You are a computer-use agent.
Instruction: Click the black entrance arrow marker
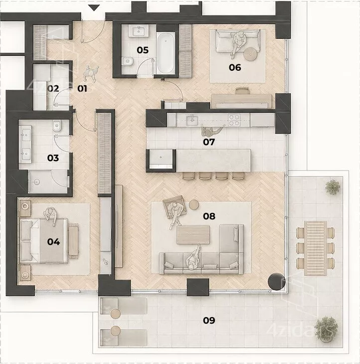click(94, 8)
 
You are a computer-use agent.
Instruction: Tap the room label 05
click(143, 50)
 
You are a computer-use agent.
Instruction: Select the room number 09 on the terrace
click(209, 320)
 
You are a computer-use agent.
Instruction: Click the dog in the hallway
click(91, 73)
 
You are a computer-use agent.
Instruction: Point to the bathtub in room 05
click(166, 52)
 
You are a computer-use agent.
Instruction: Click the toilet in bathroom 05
click(127, 61)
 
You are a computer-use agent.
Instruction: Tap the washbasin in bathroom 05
click(139, 31)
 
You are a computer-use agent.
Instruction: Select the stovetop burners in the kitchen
click(234, 120)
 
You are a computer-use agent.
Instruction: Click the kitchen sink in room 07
click(192, 120)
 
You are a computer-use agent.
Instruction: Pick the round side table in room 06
click(251, 54)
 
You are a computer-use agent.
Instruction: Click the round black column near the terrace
click(276, 282)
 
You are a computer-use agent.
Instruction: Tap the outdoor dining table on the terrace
click(315, 248)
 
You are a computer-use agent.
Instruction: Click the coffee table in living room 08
click(193, 235)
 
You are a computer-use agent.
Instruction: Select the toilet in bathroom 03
click(57, 126)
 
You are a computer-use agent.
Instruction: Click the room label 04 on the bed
click(53, 242)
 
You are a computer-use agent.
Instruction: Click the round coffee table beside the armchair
click(194, 205)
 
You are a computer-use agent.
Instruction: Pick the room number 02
click(53, 88)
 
